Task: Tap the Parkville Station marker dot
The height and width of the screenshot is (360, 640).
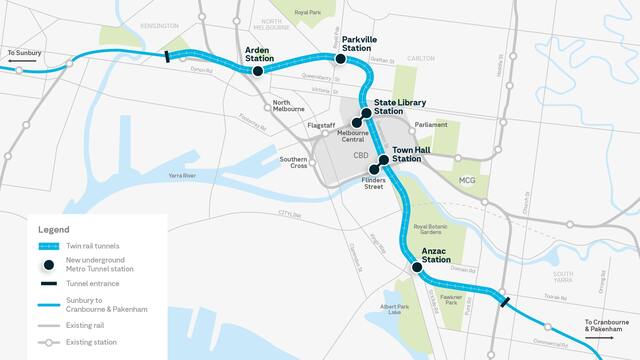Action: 340,59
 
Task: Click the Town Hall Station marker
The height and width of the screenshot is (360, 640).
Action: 383,160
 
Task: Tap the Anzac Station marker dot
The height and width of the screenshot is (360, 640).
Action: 416,267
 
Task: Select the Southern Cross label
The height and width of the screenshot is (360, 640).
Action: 293,164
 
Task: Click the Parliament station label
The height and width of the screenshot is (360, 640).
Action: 431,125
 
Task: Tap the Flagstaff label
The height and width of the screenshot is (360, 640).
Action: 321,125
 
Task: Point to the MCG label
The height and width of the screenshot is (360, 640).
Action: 467,180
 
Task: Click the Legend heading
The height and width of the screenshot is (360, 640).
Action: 54,230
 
